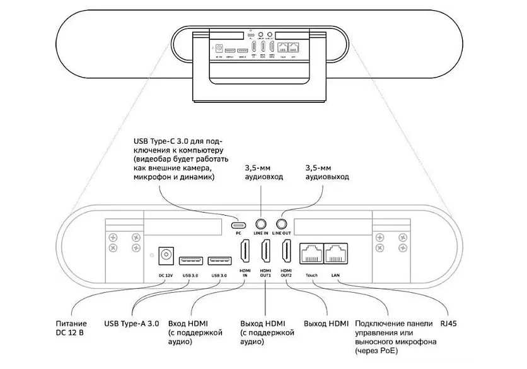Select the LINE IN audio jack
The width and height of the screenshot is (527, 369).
261,223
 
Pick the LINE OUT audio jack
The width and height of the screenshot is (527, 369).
282,223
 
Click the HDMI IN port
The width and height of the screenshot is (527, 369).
245,254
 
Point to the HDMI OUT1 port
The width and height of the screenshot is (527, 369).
265,254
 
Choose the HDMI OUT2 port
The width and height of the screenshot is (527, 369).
287,254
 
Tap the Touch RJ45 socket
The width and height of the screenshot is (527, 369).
312,254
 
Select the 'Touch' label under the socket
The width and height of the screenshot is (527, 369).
312,276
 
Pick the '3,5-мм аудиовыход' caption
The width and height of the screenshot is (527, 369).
327,173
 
